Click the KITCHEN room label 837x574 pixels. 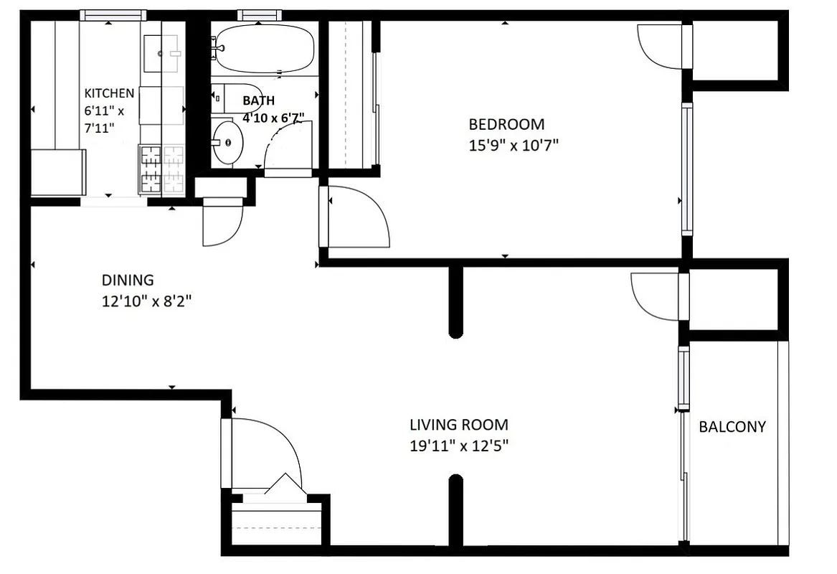[x=109, y=93]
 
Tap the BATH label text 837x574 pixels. [x=258, y=101]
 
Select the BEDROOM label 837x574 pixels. [x=506, y=124]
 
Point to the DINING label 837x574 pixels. [x=127, y=281]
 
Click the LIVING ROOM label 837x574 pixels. [x=459, y=425]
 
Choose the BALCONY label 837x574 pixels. [x=732, y=427]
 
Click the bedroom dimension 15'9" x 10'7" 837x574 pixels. [x=513, y=145]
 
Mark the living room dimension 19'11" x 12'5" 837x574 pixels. [x=459, y=446]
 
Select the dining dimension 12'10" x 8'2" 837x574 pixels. [x=146, y=302]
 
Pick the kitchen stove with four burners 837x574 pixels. [x=161, y=170]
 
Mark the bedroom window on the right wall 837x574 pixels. [x=687, y=169]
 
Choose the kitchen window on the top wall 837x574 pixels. [x=113, y=15]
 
